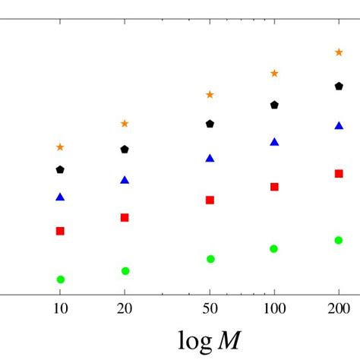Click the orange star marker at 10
(x=60, y=147)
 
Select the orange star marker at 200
(x=339, y=52)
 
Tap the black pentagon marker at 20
(x=125, y=150)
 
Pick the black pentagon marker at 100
(x=274, y=105)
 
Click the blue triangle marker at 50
(x=210, y=159)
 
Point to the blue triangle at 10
(x=60, y=197)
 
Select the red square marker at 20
(x=125, y=217)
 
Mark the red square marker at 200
(x=339, y=173)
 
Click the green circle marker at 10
(x=60, y=279)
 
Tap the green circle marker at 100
(x=274, y=248)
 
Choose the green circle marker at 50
(x=210, y=259)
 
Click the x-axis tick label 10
(x=60, y=308)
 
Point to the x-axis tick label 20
(x=125, y=308)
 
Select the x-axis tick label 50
(x=210, y=308)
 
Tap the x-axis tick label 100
(x=274, y=308)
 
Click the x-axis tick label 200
(x=339, y=308)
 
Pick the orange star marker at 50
(x=210, y=95)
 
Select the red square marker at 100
(x=274, y=187)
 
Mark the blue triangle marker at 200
(x=339, y=125)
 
